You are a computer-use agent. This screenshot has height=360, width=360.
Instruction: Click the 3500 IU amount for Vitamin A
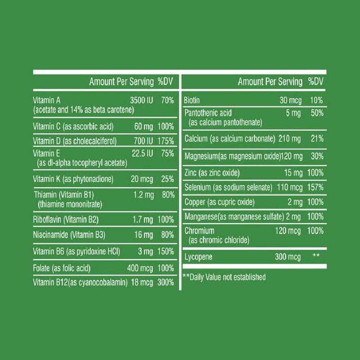point(141,100)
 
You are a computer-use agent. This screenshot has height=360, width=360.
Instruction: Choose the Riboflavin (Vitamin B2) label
point(66,220)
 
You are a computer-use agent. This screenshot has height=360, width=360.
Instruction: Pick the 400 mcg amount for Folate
point(140,268)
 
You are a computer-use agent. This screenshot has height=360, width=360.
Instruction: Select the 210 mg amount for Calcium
point(289,139)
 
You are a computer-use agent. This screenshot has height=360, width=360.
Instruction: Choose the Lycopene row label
point(199,257)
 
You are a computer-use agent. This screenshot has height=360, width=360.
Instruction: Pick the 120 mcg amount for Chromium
point(288,231)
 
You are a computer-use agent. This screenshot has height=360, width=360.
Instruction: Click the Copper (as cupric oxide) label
point(220,201)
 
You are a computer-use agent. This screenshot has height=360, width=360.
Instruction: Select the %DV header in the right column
point(316,81)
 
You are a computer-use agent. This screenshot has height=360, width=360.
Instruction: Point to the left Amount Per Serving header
point(121,81)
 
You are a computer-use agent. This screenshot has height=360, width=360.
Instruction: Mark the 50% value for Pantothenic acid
point(317,113)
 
